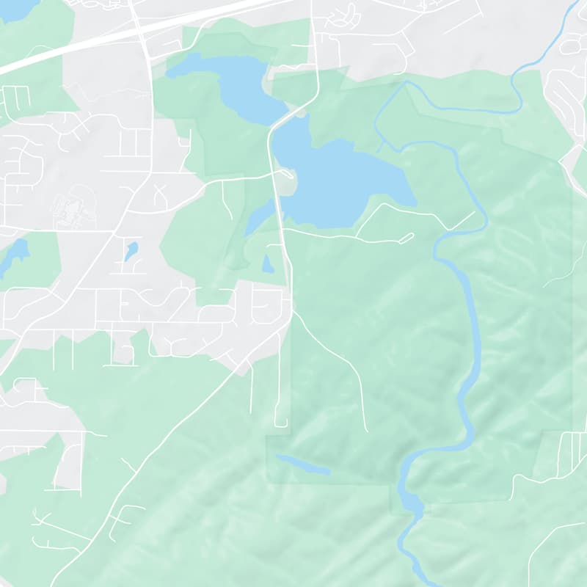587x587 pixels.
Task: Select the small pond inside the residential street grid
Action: (x=131, y=251)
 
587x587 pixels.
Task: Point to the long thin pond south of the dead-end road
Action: (x=302, y=464)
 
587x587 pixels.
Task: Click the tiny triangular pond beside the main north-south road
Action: (x=268, y=264)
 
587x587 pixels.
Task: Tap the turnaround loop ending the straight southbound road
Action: (x=281, y=421)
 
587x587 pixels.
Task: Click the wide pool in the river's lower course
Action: (x=409, y=503)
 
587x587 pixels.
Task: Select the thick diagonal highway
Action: (x=110, y=37)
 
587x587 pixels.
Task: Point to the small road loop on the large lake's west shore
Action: (x=288, y=175)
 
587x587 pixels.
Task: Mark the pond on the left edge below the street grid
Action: (x=16, y=253)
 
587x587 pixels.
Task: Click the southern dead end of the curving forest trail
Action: (x=366, y=430)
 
